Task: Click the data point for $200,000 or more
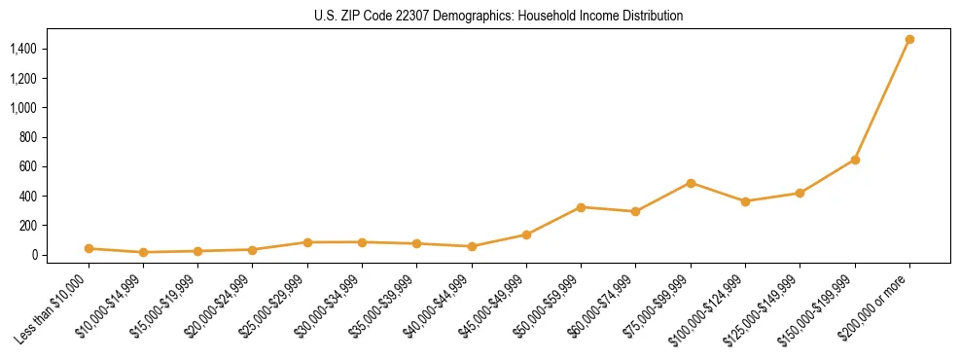click(909, 40)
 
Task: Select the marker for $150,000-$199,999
click(855, 160)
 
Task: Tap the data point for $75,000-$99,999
click(691, 183)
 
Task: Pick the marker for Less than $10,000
click(89, 248)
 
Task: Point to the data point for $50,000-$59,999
click(581, 207)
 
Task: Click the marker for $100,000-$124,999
click(745, 201)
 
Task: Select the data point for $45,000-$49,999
click(526, 234)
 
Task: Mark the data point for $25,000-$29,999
click(307, 242)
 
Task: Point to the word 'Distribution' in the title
click(650, 17)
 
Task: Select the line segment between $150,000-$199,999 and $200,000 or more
click(882, 100)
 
